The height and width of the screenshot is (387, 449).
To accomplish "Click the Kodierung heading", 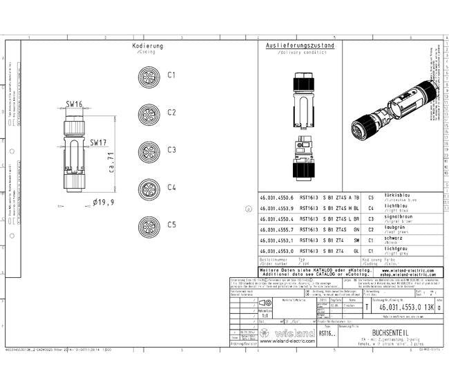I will pyautogui.click(x=148, y=46).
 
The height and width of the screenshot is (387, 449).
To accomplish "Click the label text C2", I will pyautogui.click(x=171, y=112).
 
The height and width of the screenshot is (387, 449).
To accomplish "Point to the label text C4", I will pyautogui.click(x=171, y=187).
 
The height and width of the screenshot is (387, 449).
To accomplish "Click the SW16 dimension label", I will pyautogui.click(x=75, y=104).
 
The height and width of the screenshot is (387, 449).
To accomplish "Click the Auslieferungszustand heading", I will pyautogui.click(x=300, y=46).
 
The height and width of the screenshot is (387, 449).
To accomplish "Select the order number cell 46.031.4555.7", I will pyautogui.click(x=276, y=229).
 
